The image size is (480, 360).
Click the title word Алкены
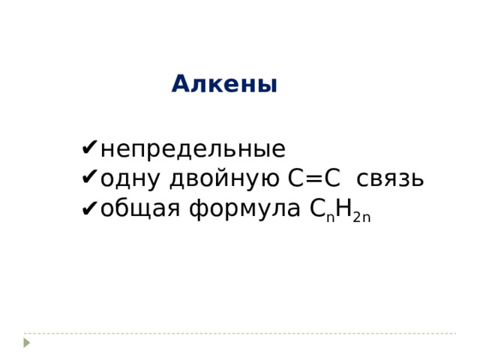click(224, 84)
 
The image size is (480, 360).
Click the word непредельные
click(192, 149)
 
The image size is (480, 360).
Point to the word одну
click(132, 180)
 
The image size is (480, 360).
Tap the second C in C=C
click(333, 179)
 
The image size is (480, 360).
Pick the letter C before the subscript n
click(316, 209)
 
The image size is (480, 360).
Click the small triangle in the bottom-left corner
click(27, 342)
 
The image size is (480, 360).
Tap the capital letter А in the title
click(179, 84)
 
